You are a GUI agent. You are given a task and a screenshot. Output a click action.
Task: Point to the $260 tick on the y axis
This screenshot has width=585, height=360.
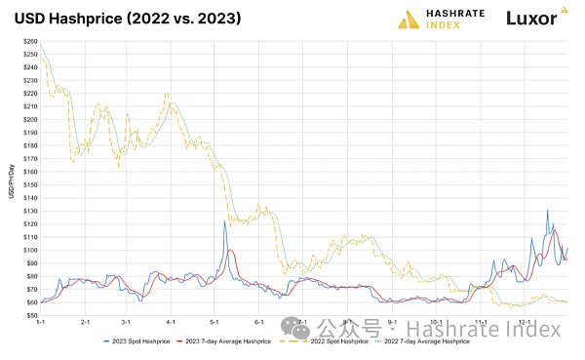[x=29, y=42]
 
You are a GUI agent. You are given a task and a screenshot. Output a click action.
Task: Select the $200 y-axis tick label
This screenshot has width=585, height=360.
[x=29, y=120]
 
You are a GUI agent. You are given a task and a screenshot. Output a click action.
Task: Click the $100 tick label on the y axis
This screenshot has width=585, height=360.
[x=29, y=250]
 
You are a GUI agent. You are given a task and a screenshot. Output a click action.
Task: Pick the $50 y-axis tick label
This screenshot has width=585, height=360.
[x=30, y=315]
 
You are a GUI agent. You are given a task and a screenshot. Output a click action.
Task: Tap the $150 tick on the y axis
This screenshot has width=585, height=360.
[x=29, y=185]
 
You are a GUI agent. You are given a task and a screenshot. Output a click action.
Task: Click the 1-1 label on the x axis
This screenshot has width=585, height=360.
[x=41, y=321]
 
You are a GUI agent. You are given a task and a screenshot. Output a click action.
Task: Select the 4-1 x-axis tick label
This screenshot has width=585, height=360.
[x=171, y=321]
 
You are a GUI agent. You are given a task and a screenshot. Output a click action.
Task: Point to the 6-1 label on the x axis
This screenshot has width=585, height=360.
[x=258, y=321]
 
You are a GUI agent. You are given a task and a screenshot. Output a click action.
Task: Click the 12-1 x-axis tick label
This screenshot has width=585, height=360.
[x=525, y=321]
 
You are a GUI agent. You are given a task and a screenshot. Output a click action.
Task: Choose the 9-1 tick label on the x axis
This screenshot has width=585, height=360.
[x=392, y=321]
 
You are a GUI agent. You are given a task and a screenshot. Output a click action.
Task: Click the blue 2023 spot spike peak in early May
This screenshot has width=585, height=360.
[x=224, y=221]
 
